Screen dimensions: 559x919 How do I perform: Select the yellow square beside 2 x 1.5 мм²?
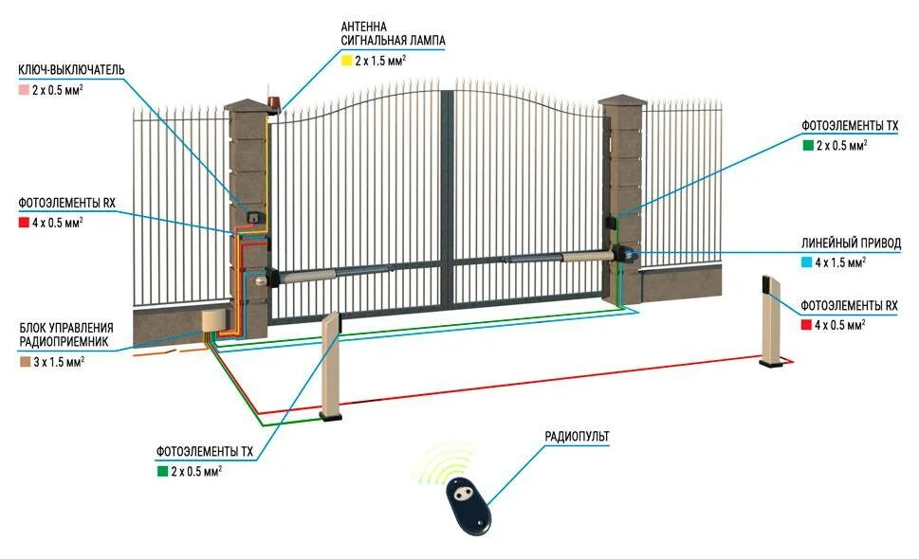click(x=346, y=61)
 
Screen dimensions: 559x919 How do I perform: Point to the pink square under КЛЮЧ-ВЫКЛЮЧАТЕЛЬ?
click(x=24, y=90)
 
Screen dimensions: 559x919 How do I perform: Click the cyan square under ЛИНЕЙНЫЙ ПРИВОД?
click(x=808, y=261)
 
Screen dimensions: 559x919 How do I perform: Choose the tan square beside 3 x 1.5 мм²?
click(x=24, y=362)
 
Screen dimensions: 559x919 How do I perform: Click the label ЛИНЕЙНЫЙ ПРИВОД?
click(x=852, y=243)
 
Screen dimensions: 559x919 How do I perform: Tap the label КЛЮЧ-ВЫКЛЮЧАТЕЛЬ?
click(x=71, y=71)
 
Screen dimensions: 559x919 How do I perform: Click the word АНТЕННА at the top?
click(x=364, y=26)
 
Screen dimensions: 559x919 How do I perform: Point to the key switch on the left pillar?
click(x=253, y=217)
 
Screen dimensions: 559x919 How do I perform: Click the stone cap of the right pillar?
click(x=622, y=101)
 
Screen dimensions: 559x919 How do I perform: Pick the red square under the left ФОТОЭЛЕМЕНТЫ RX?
click(x=24, y=223)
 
